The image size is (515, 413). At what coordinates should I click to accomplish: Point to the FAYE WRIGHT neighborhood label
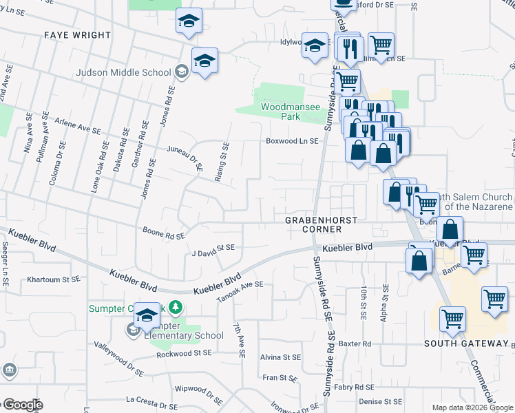(x=77, y=34)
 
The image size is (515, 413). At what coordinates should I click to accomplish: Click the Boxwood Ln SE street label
(x=293, y=141)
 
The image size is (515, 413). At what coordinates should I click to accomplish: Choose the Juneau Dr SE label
(x=185, y=156)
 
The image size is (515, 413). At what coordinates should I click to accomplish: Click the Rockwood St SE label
(x=183, y=353)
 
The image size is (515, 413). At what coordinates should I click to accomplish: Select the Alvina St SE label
(x=280, y=357)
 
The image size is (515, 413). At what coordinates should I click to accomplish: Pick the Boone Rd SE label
(x=163, y=233)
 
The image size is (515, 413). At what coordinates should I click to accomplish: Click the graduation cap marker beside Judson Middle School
(x=204, y=61)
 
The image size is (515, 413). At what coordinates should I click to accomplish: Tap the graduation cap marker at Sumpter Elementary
(x=146, y=315)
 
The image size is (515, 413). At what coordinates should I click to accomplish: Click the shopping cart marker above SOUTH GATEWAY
(x=452, y=319)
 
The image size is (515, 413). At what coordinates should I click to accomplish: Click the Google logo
(x=22, y=405)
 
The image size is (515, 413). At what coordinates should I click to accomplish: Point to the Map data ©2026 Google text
(x=472, y=407)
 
